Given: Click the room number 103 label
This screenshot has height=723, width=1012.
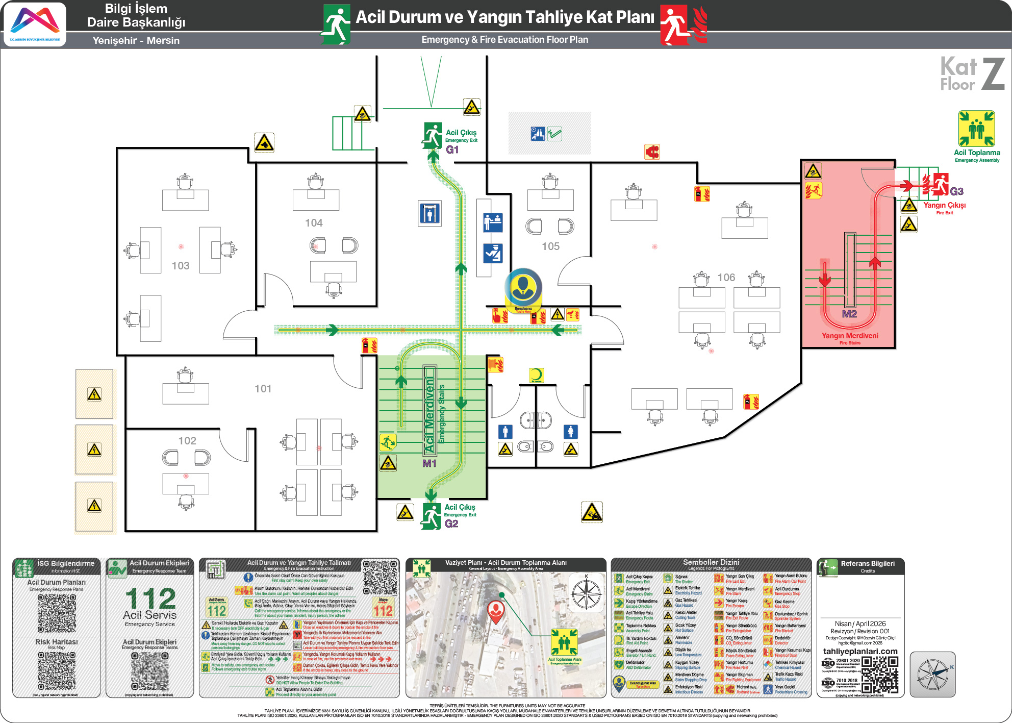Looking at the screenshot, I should (181, 266).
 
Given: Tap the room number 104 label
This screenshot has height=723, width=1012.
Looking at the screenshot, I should (314, 223).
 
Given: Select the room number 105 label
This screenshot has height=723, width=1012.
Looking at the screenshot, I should (550, 246).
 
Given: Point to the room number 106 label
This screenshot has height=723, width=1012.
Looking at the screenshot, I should (726, 278).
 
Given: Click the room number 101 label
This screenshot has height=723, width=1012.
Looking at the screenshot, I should (263, 389).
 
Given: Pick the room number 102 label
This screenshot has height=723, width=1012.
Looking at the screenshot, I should (187, 441).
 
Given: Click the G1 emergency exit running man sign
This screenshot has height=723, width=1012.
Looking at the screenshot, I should (433, 135).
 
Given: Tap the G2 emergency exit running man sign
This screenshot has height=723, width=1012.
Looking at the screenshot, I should (432, 516).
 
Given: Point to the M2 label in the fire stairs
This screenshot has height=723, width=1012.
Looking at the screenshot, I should (849, 314).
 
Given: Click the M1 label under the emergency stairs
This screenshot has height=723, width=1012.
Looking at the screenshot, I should (429, 464).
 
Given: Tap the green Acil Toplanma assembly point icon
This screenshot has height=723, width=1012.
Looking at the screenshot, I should (976, 129).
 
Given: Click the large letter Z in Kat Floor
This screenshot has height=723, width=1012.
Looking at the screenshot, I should (993, 74).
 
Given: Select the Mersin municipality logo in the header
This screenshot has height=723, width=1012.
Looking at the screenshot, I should (35, 24).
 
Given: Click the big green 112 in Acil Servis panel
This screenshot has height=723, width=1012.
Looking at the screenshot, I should (150, 598).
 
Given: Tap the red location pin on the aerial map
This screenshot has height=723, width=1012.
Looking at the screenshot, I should (496, 611).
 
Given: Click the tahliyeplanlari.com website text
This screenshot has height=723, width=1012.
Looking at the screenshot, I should (860, 652).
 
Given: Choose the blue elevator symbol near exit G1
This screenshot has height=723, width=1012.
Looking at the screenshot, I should (429, 213).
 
